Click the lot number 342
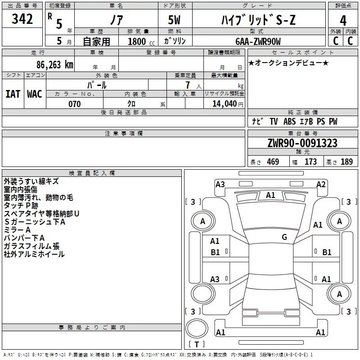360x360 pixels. point(22,19)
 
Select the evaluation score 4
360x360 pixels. point(343,20)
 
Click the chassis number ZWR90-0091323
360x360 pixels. point(302,143)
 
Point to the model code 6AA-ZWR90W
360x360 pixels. point(258,41)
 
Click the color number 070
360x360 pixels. point(74,104)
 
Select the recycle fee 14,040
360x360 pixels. point(224,104)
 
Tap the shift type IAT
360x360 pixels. point(13,94)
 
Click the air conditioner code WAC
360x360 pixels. point(34,94)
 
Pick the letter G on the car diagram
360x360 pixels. point(284,237)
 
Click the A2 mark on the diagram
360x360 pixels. point(321,184)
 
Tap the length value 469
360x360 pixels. point(273,162)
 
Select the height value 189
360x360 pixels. point(346,162)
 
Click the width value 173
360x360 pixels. point(310,162)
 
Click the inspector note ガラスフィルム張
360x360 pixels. point(31,246)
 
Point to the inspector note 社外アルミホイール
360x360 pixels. point(34,254)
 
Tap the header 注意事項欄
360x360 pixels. point(123,134)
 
